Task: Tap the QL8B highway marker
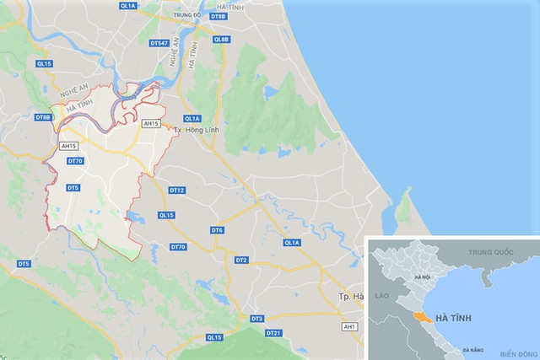click(x=222, y=39)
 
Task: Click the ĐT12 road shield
click(x=177, y=191)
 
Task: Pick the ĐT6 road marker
click(x=217, y=230)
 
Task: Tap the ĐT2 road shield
click(x=240, y=260)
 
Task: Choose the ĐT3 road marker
click(x=257, y=318)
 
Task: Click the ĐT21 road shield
click(x=273, y=334)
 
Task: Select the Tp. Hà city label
click(x=349, y=297)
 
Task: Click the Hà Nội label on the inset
click(x=422, y=277)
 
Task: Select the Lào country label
click(x=379, y=296)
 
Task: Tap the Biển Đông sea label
click(x=518, y=353)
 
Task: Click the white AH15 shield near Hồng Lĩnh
click(x=152, y=123)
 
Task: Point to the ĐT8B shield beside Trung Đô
click(x=217, y=16)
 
